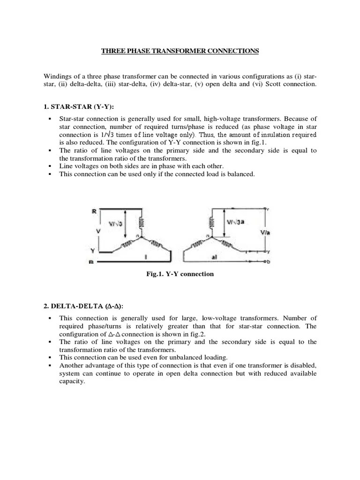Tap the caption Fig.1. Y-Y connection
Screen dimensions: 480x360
pos(180,274)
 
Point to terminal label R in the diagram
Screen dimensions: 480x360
pos(93,212)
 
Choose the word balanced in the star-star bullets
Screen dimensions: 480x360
pos(240,174)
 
